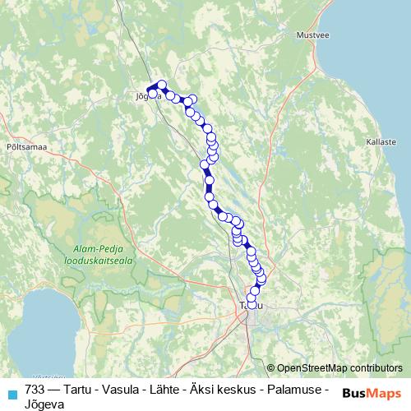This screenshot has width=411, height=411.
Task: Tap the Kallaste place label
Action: (381, 142)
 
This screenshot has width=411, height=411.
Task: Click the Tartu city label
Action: (249, 306)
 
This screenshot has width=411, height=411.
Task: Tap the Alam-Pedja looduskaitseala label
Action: (98, 254)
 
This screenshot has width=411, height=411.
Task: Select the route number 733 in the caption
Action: (34, 389)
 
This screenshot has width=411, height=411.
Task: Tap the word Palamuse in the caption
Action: (292, 389)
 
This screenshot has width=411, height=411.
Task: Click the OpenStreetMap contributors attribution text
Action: (339, 367)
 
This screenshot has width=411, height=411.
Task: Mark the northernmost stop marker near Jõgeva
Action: (162, 84)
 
